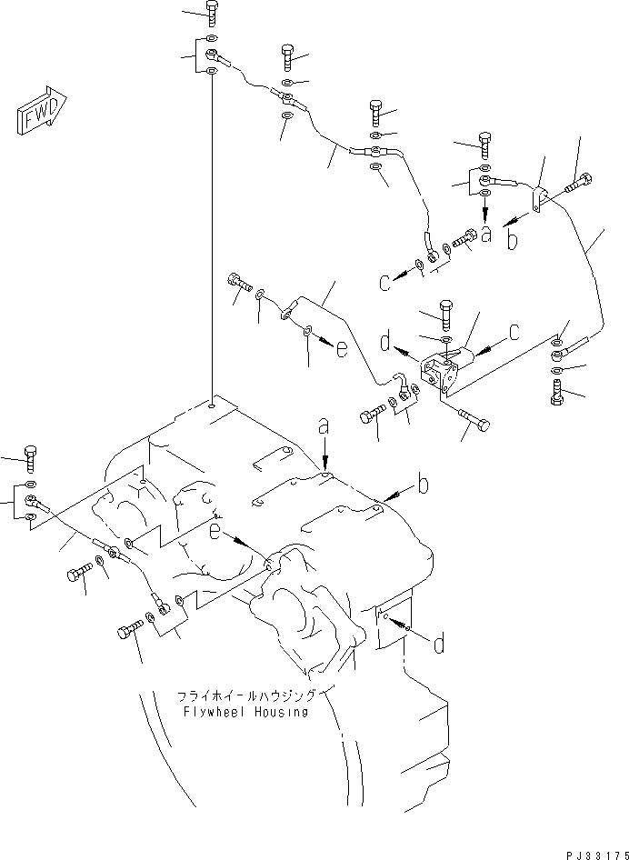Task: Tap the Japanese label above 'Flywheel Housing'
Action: tap(245, 695)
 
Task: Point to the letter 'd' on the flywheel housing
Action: tap(438, 645)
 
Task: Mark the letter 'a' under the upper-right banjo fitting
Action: tap(486, 235)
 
